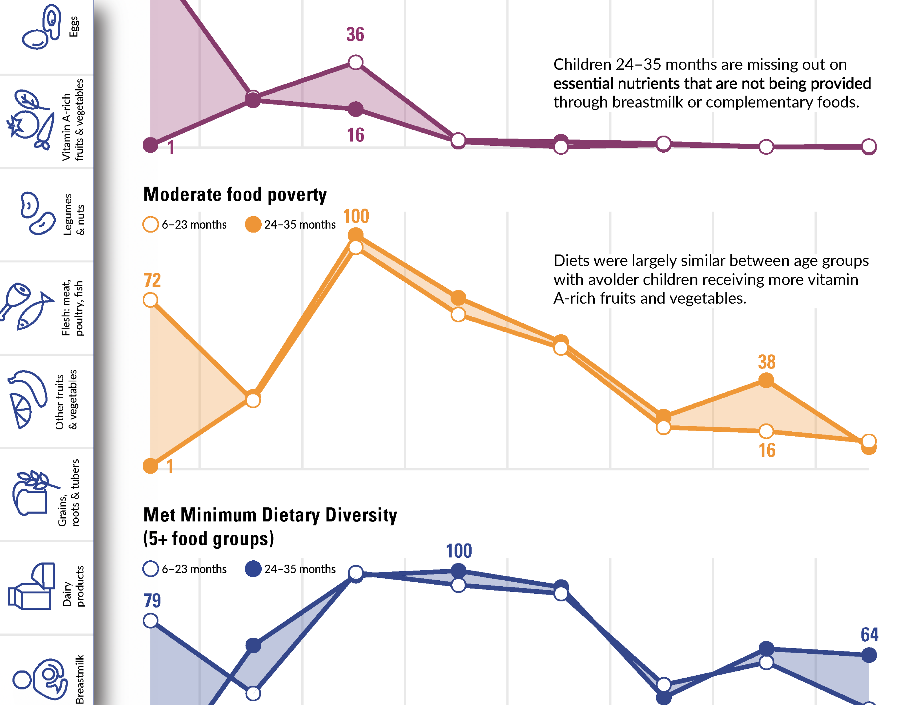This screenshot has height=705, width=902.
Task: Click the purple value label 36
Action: pyautogui.click(x=355, y=34)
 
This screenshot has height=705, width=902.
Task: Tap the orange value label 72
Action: pyautogui.click(x=152, y=280)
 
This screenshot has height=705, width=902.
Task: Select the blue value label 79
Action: pyautogui.click(x=152, y=601)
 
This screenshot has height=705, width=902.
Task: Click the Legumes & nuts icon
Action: pyautogui.click(x=37, y=213)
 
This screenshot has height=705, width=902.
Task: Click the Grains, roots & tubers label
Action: pyautogui.click(x=68, y=493)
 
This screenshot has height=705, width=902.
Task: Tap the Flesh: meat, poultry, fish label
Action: pyautogui.click(x=72, y=308)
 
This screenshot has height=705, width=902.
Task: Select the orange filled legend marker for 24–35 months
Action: pyautogui.click(x=253, y=225)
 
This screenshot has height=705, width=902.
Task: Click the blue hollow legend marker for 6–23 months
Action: pyautogui.click(x=151, y=569)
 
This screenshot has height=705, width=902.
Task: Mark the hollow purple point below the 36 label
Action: pyautogui.click(x=356, y=62)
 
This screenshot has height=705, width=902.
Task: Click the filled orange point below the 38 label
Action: pyautogui.click(x=766, y=380)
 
